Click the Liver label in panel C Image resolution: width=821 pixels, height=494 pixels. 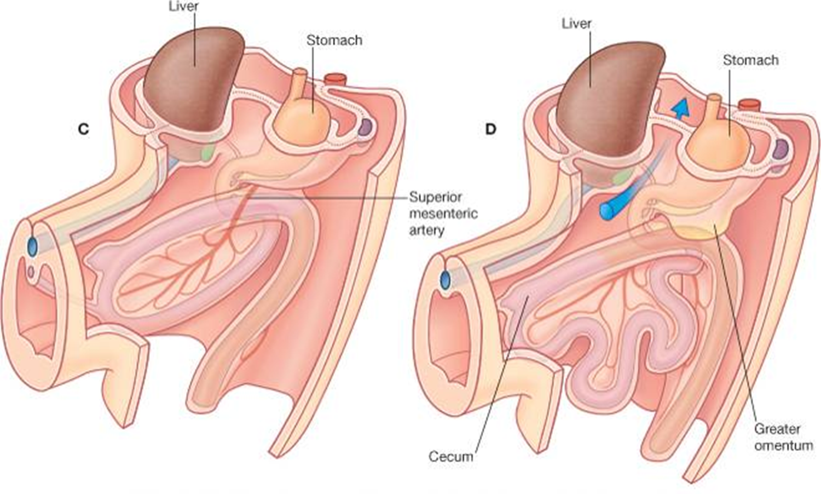click(x=183, y=7)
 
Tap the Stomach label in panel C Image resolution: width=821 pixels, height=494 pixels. click(x=334, y=40)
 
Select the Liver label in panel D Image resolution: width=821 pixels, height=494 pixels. click(x=576, y=24)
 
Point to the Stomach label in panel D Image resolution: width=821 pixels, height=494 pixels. click(x=750, y=60)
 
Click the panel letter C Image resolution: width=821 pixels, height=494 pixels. click(x=83, y=129)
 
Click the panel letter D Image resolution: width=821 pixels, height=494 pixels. click(x=490, y=129)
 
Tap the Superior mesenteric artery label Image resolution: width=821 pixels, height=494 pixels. click(x=442, y=214)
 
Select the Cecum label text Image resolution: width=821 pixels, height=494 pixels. click(x=450, y=456)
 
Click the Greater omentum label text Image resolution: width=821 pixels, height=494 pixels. click(x=783, y=437)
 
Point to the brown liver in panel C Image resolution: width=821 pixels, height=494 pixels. click(x=192, y=77)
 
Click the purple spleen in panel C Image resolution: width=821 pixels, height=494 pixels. click(x=366, y=128)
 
